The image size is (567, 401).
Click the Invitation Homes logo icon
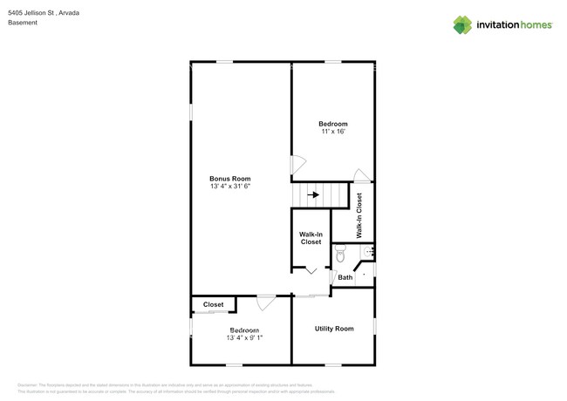tap(461, 24)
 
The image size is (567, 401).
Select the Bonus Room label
tap(229, 178)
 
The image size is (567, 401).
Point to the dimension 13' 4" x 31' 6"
tap(229, 187)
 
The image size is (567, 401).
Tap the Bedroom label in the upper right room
tap(332, 124)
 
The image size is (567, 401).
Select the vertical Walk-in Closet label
tap(359, 215)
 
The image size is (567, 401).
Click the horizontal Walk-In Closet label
tap(311, 238)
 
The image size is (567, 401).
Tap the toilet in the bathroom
tap(340, 254)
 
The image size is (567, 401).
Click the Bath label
tap(345, 277)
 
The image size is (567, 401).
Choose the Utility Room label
tap(333, 329)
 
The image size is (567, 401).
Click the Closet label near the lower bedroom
tap(213, 304)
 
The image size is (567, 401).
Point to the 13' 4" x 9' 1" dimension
tap(244, 338)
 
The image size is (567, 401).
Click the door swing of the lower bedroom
tap(266, 302)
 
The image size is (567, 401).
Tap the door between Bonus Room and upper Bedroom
tap(297, 164)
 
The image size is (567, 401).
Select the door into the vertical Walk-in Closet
tap(361, 175)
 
